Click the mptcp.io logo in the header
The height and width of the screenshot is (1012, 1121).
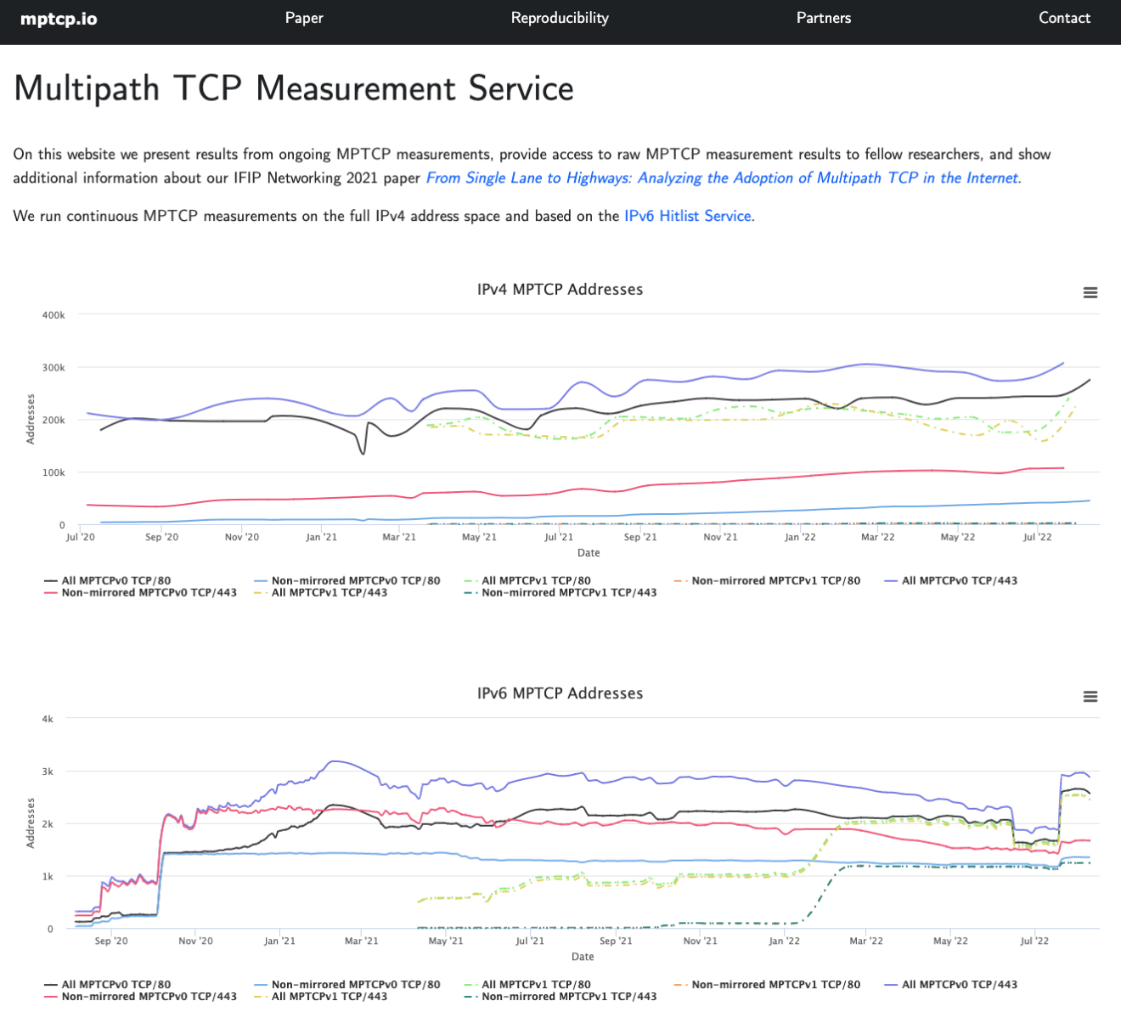tap(59, 19)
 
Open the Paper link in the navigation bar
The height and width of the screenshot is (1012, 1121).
tap(304, 18)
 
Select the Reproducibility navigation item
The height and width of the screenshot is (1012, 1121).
tap(560, 18)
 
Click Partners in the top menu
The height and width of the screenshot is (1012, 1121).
tap(823, 18)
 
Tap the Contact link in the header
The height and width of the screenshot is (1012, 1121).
tap(1064, 18)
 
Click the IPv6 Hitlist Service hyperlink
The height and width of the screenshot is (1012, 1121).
tap(688, 216)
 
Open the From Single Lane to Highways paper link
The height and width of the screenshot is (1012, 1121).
tap(722, 178)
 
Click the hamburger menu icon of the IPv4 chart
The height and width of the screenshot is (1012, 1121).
tap(1090, 292)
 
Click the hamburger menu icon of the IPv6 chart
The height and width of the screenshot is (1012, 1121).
tap(1090, 697)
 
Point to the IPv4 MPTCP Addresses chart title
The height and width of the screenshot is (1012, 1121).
tap(560, 290)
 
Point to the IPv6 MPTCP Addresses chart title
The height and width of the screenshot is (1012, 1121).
tap(560, 693)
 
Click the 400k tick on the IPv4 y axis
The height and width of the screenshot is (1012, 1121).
tap(54, 315)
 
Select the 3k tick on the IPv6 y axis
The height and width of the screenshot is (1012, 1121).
tap(48, 772)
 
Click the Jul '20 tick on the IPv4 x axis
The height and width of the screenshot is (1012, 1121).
tap(80, 537)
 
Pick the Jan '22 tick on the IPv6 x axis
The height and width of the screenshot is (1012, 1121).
tap(784, 941)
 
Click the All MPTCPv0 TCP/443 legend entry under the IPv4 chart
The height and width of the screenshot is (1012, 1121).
tap(959, 581)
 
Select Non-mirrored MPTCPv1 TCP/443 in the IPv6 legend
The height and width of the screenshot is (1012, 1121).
tap(569, 997)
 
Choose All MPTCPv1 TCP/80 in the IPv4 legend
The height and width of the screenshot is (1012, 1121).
tap(536, 581)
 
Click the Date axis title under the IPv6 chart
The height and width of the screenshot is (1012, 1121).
tap(583, 957)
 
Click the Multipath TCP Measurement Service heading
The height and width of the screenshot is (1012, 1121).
tap(294, 89)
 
